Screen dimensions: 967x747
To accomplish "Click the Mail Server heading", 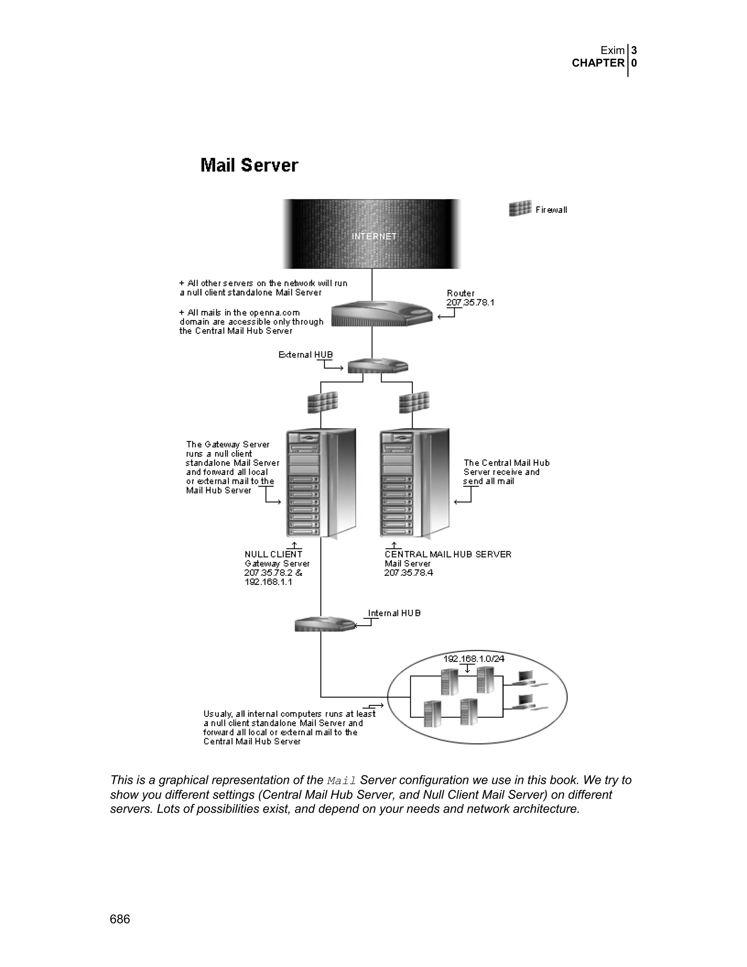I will click(249, 165).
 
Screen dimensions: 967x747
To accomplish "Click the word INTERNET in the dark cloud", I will click(374, 236).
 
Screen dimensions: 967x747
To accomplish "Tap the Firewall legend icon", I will click(520, 208).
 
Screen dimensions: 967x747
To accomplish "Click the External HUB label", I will click(305, 355).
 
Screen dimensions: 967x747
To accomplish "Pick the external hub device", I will click(378, 366).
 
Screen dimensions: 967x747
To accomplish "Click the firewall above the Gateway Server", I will click(322, 402).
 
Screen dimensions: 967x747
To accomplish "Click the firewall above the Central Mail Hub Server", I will click(414, 402).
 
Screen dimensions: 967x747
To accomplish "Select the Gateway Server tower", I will click(321, 483).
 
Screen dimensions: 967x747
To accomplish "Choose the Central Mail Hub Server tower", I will click(414, 483).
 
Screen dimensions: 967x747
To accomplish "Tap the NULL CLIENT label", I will click(274, 554).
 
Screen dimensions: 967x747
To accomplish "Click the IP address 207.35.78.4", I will click(409, 573).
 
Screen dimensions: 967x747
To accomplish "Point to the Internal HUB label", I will click(394, 613).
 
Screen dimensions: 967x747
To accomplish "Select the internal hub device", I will click(325, 624).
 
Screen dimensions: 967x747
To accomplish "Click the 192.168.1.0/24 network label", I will click(473, 659).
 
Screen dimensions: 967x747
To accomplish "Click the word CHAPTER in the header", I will click(598, 63).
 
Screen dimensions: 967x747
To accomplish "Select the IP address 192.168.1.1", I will click(268, 582).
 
